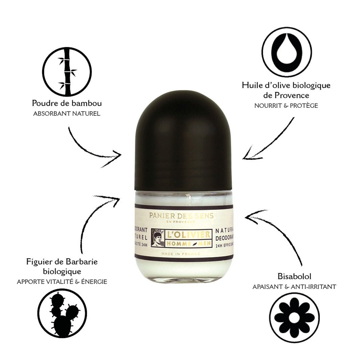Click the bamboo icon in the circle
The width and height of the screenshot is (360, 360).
67,72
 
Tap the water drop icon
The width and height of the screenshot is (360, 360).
287,52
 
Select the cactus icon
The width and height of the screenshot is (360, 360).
62,313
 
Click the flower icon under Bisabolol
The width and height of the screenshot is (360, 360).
294,317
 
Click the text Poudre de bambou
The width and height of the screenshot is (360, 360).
67,103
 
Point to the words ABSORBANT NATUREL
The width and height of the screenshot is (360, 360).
67,114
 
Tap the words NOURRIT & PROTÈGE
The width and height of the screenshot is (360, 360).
286,106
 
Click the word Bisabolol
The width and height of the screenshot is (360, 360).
294,277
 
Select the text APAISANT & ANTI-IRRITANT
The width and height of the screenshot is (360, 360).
294,287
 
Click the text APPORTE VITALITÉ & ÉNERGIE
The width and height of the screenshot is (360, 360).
62,282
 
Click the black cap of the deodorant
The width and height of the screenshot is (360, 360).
183,142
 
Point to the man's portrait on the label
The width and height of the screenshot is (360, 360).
158,238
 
